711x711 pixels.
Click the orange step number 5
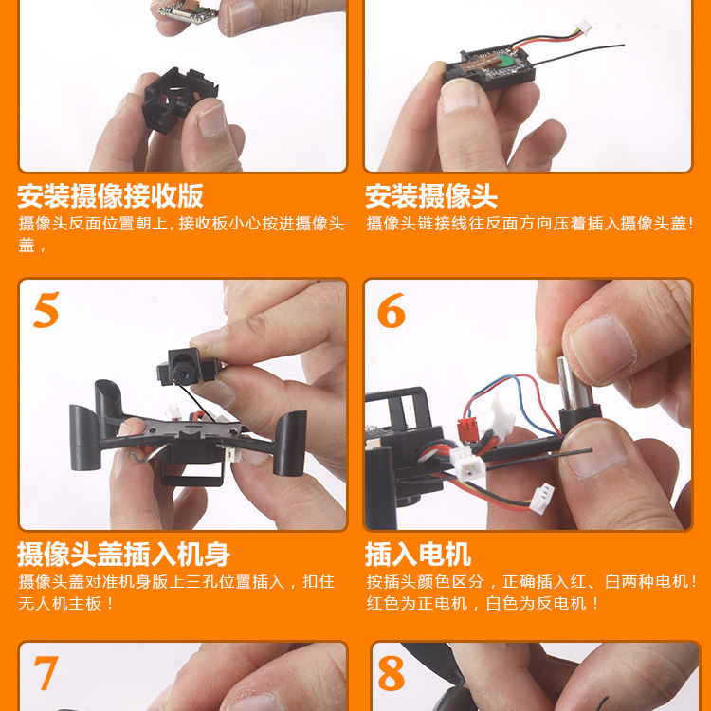point(46,310)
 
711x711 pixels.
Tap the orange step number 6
point(392,311)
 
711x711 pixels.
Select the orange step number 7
point(46,672)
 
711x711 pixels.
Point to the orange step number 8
point(392,673)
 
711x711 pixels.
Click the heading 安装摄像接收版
point(110,196)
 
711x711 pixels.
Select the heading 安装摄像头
point(431,196)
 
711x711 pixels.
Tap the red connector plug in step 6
point(467,429)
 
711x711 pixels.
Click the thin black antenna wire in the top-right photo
point(588,45)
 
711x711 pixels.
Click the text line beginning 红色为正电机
point(483,603)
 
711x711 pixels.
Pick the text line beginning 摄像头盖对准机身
point(176,581)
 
